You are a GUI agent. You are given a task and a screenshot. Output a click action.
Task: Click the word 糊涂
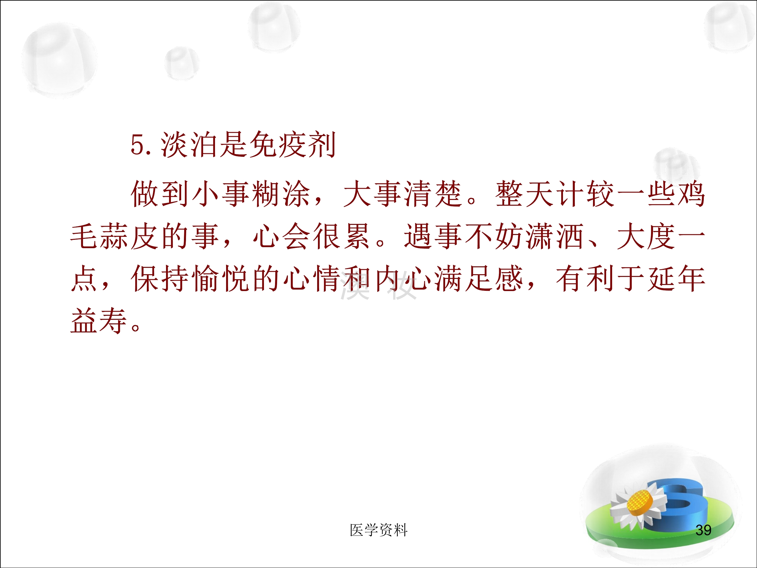(x=281, y=194)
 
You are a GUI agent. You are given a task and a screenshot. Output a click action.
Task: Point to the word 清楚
(x=433, y=194)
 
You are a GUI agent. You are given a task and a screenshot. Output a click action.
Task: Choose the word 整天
(x=524, y=194)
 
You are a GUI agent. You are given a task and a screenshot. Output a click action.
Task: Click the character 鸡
(x=691, y=194)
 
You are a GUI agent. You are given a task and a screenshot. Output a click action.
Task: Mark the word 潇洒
(x=554, y=236)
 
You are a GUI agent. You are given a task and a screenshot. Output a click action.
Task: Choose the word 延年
(x=676, y=278)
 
